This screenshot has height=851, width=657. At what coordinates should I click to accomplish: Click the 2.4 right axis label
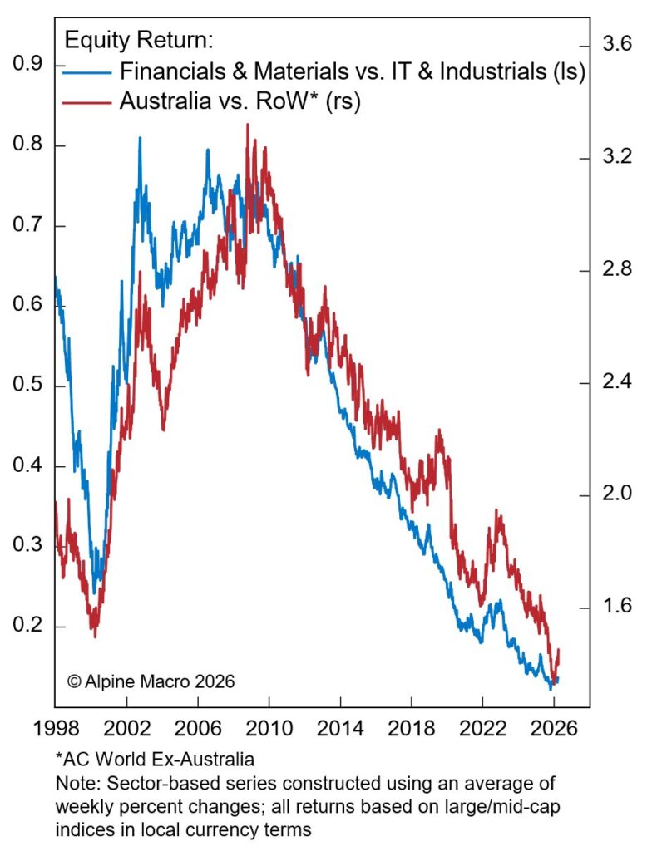(x=615, y=382)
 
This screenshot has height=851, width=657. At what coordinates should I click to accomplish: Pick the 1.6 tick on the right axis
(x=615, y=607)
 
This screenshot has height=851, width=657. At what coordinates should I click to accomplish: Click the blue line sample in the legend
(x=86, y=71)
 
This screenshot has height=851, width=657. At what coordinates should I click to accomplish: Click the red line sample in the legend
(x=86, y=101)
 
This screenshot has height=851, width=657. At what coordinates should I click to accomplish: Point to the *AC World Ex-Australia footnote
(x=155, y=760)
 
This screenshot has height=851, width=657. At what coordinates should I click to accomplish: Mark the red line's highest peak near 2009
(x=247, y=125)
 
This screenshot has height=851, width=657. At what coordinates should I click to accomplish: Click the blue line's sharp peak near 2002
(x=139, y=138)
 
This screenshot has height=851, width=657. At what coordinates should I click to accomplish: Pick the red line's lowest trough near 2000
(x=95, y=636)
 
